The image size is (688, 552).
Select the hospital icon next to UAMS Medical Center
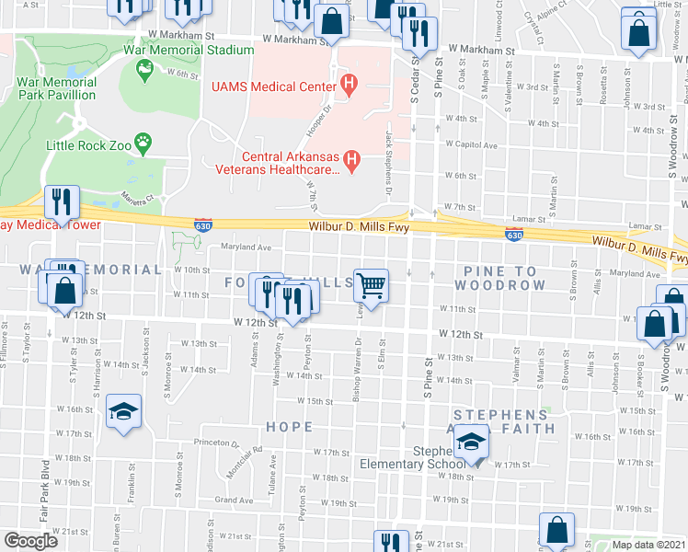349,86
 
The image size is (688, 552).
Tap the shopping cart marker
371,285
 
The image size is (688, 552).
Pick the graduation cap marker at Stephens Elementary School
470,443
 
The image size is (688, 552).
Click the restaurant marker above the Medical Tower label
63,201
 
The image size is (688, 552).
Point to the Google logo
30,541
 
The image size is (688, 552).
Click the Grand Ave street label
233,500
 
